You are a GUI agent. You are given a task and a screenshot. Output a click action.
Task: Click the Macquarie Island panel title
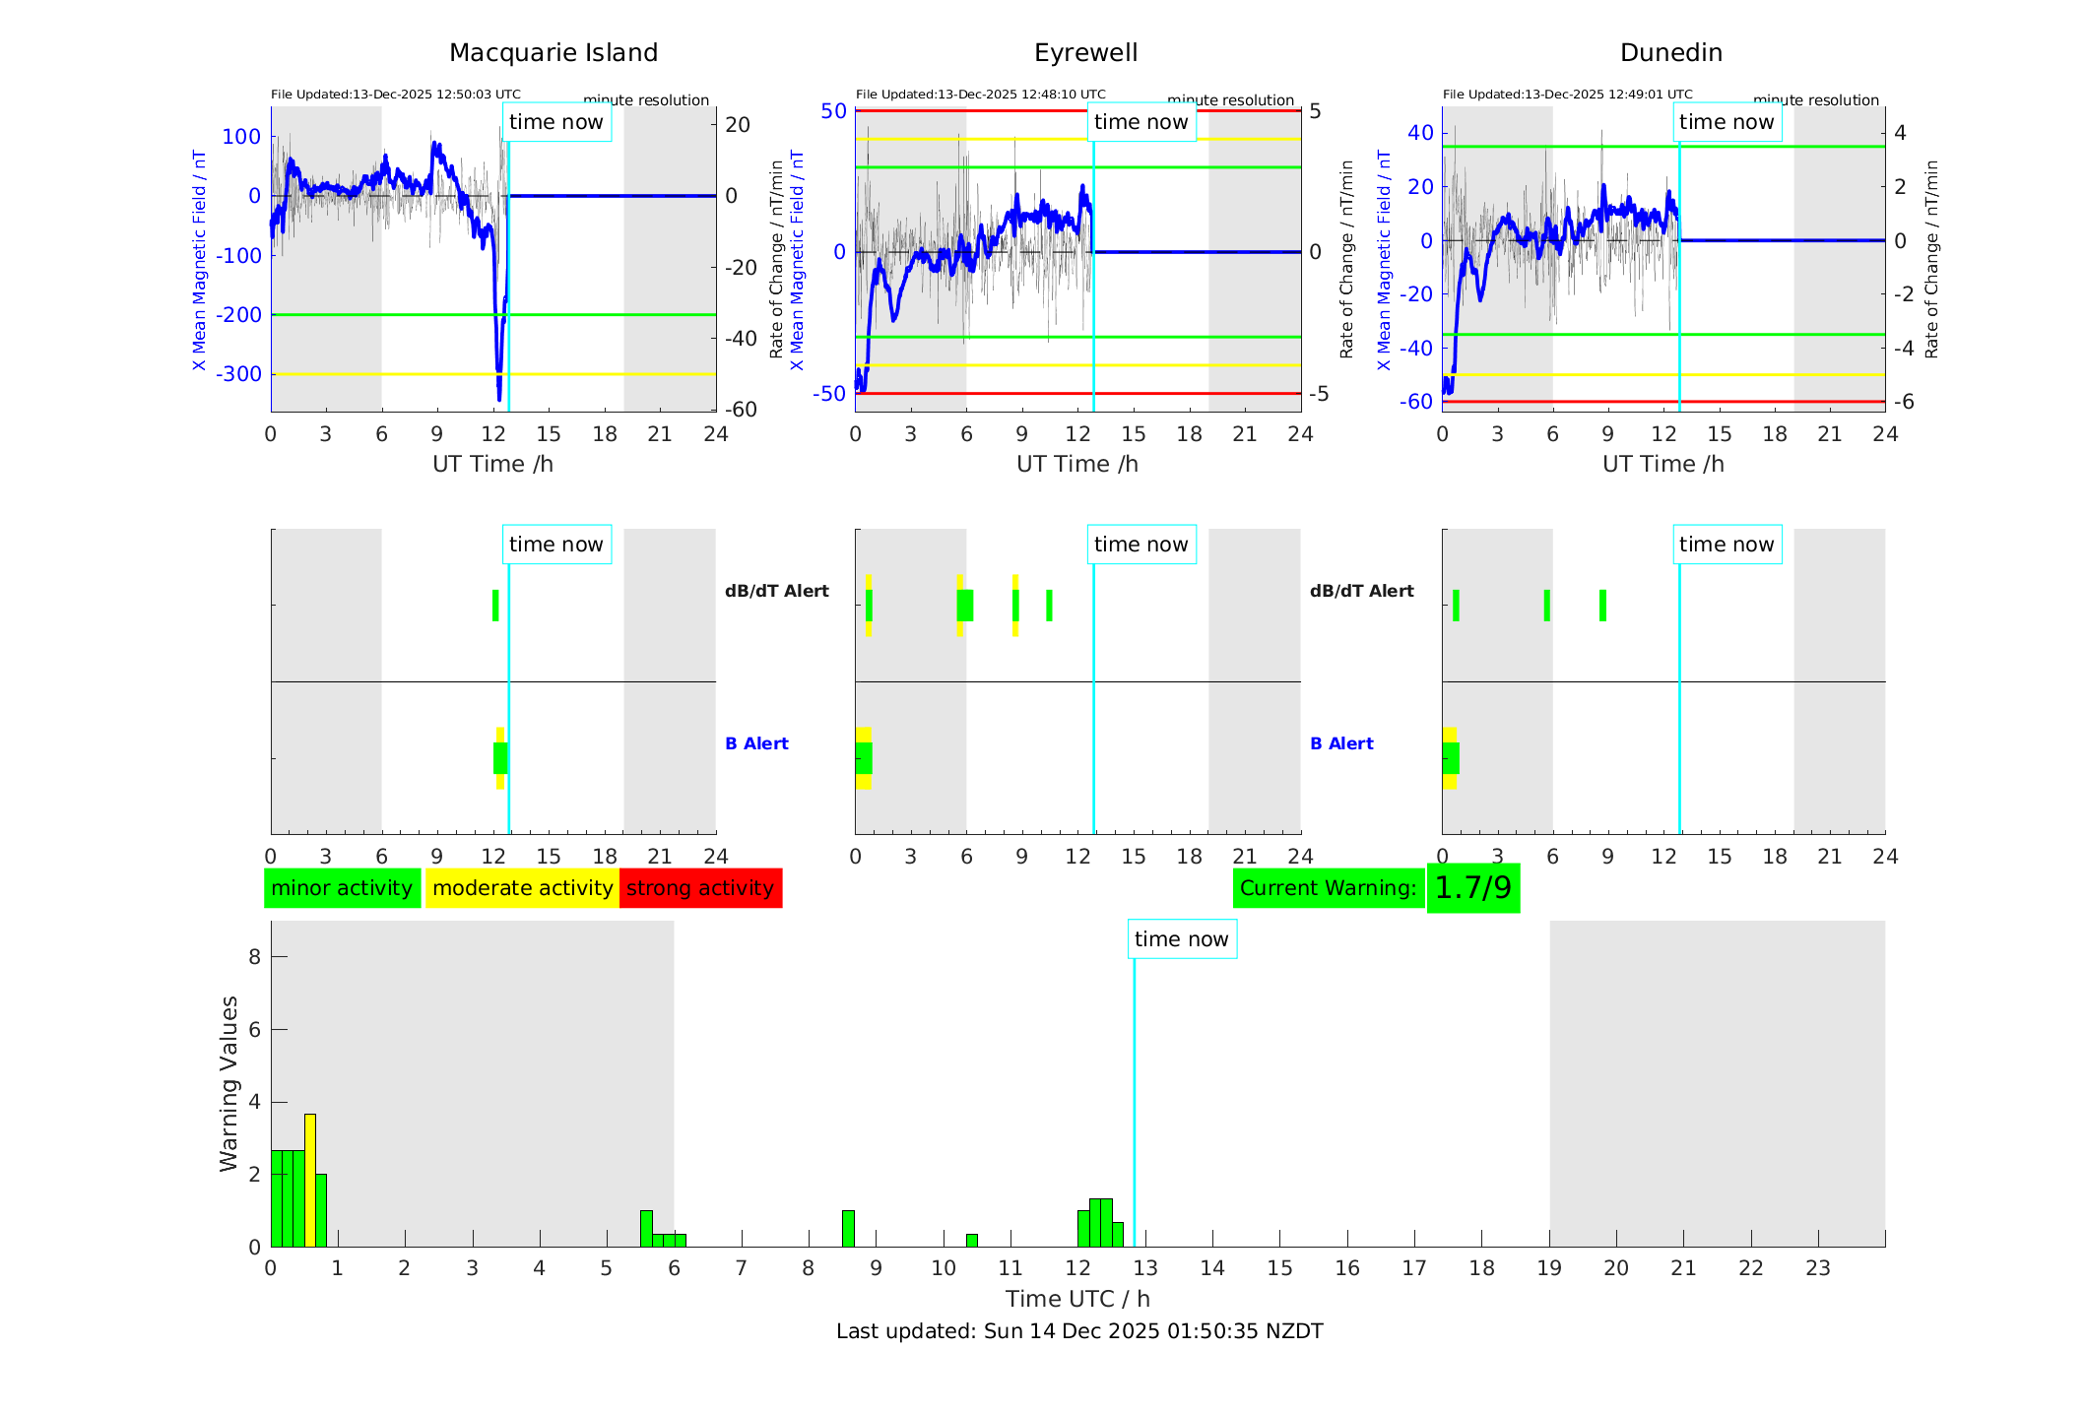click(x=554, y=53)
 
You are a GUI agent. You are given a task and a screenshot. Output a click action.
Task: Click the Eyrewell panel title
click(x=1085, y=53)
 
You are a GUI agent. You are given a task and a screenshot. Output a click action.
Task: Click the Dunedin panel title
click(x=1670, y=53)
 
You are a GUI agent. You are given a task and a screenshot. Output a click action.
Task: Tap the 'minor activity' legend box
click(x=342, y=888)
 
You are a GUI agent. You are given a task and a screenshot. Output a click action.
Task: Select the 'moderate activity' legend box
click(x=522, y=888)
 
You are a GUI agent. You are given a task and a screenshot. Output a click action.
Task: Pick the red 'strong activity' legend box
click(x=700, y=888)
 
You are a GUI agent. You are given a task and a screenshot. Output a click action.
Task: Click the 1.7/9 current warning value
click(x=1472, y=888)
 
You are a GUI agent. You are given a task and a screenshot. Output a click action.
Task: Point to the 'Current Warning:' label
click(x=1328, y=888)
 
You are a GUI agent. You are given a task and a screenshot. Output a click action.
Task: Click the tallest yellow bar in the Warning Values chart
click(x=310, y=1180)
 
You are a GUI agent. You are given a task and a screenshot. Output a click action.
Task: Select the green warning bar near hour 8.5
click(x=848, y=1229)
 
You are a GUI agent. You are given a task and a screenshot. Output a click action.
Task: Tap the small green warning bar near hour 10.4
click(x=972, y=1241)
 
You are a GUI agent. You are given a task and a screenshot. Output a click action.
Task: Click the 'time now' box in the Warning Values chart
click(x=1182, y=939)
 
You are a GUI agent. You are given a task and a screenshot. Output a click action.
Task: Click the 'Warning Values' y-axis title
click(x=229, y=1083)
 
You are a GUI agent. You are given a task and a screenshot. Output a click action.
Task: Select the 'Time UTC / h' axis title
click(x=1077, y=1299)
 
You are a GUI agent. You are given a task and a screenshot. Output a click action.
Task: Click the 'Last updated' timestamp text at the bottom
click(x=1079, y=1331)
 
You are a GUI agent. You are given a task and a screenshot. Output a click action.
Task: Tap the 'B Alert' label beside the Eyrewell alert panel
click(x=1341, y=743)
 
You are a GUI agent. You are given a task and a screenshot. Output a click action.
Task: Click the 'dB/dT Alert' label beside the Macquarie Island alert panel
click(x=776, y=591)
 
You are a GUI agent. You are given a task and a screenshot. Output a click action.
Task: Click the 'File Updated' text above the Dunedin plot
click(x=1567, y=95)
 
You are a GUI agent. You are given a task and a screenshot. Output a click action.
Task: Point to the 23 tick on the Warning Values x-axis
click(x=1818, y=1268)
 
